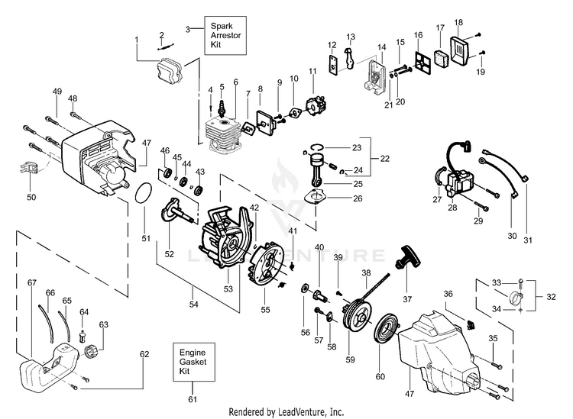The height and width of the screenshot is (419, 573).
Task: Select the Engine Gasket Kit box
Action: [193, 362]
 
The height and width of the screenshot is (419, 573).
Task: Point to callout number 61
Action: [193, 399]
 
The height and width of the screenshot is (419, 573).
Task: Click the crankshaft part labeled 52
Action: [176, 209]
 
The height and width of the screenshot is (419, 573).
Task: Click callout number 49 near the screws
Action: [56, 92]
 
